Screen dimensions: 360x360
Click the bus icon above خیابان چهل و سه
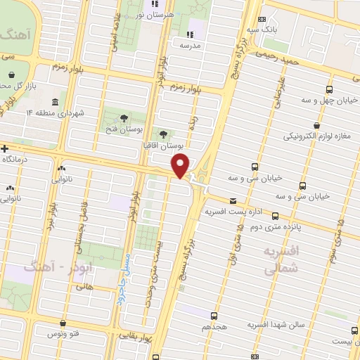pos(329,90)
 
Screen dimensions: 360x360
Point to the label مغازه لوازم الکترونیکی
pos(313,136)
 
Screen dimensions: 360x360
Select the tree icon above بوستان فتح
pos(124,118)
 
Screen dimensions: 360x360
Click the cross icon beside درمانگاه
pos(5,149)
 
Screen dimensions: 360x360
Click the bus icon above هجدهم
pos(212,318)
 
